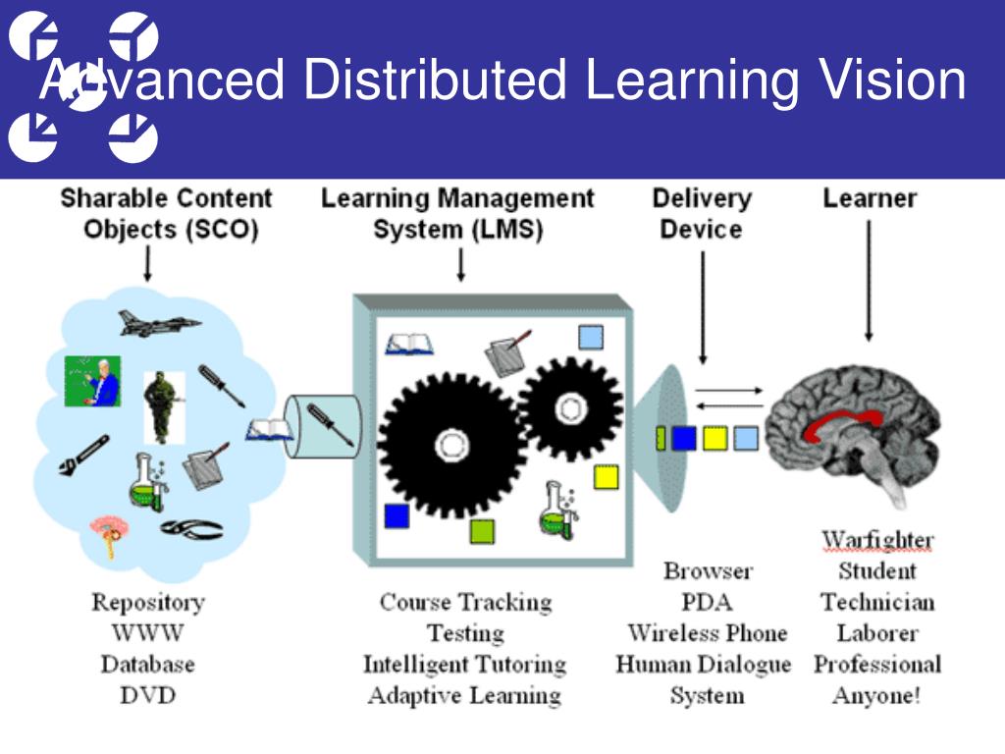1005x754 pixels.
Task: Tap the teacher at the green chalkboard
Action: tap(92, 381)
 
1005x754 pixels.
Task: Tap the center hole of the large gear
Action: tap(450, 445)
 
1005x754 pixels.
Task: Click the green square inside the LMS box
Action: tap(482, 531)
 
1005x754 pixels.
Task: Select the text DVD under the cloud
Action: tap(147, 695)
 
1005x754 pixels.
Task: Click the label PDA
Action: tap(707, 602)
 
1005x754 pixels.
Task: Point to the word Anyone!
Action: tap(876, 696)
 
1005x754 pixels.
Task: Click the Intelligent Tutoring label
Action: tap(464, 665)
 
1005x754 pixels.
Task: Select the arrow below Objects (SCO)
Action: tap(148, 264)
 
